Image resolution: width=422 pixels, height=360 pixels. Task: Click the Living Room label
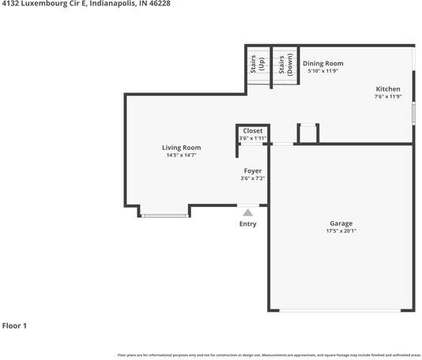[181, 148]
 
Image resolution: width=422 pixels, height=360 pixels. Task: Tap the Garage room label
[341, 223]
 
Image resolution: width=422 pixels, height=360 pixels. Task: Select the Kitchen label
[388, 89]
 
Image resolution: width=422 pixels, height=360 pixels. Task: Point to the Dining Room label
[323, 63]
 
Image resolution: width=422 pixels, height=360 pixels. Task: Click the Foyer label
[253, 171]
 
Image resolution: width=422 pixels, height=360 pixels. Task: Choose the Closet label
[253, 130]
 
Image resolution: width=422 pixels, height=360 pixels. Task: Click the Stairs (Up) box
[257, 65]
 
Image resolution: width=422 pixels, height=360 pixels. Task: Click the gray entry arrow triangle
[248, 212]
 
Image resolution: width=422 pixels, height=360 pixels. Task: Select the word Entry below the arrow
[248, 224]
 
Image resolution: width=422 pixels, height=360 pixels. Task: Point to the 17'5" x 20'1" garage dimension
[341, 231]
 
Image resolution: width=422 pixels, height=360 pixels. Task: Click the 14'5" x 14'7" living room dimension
[181, 156]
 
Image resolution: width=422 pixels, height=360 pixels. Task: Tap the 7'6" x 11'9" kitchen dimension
[388, 97]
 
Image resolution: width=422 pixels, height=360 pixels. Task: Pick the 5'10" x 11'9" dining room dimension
[323, 71]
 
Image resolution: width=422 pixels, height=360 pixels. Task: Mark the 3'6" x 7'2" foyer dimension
[253, 178]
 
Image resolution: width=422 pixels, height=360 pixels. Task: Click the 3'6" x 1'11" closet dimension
[253, 138]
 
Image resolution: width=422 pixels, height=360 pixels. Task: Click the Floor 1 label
[15, 325]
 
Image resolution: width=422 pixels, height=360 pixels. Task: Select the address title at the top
[86, 4]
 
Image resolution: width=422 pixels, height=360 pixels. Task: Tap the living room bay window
[165, 215]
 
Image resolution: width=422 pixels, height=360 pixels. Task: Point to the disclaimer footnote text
[269, 355]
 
